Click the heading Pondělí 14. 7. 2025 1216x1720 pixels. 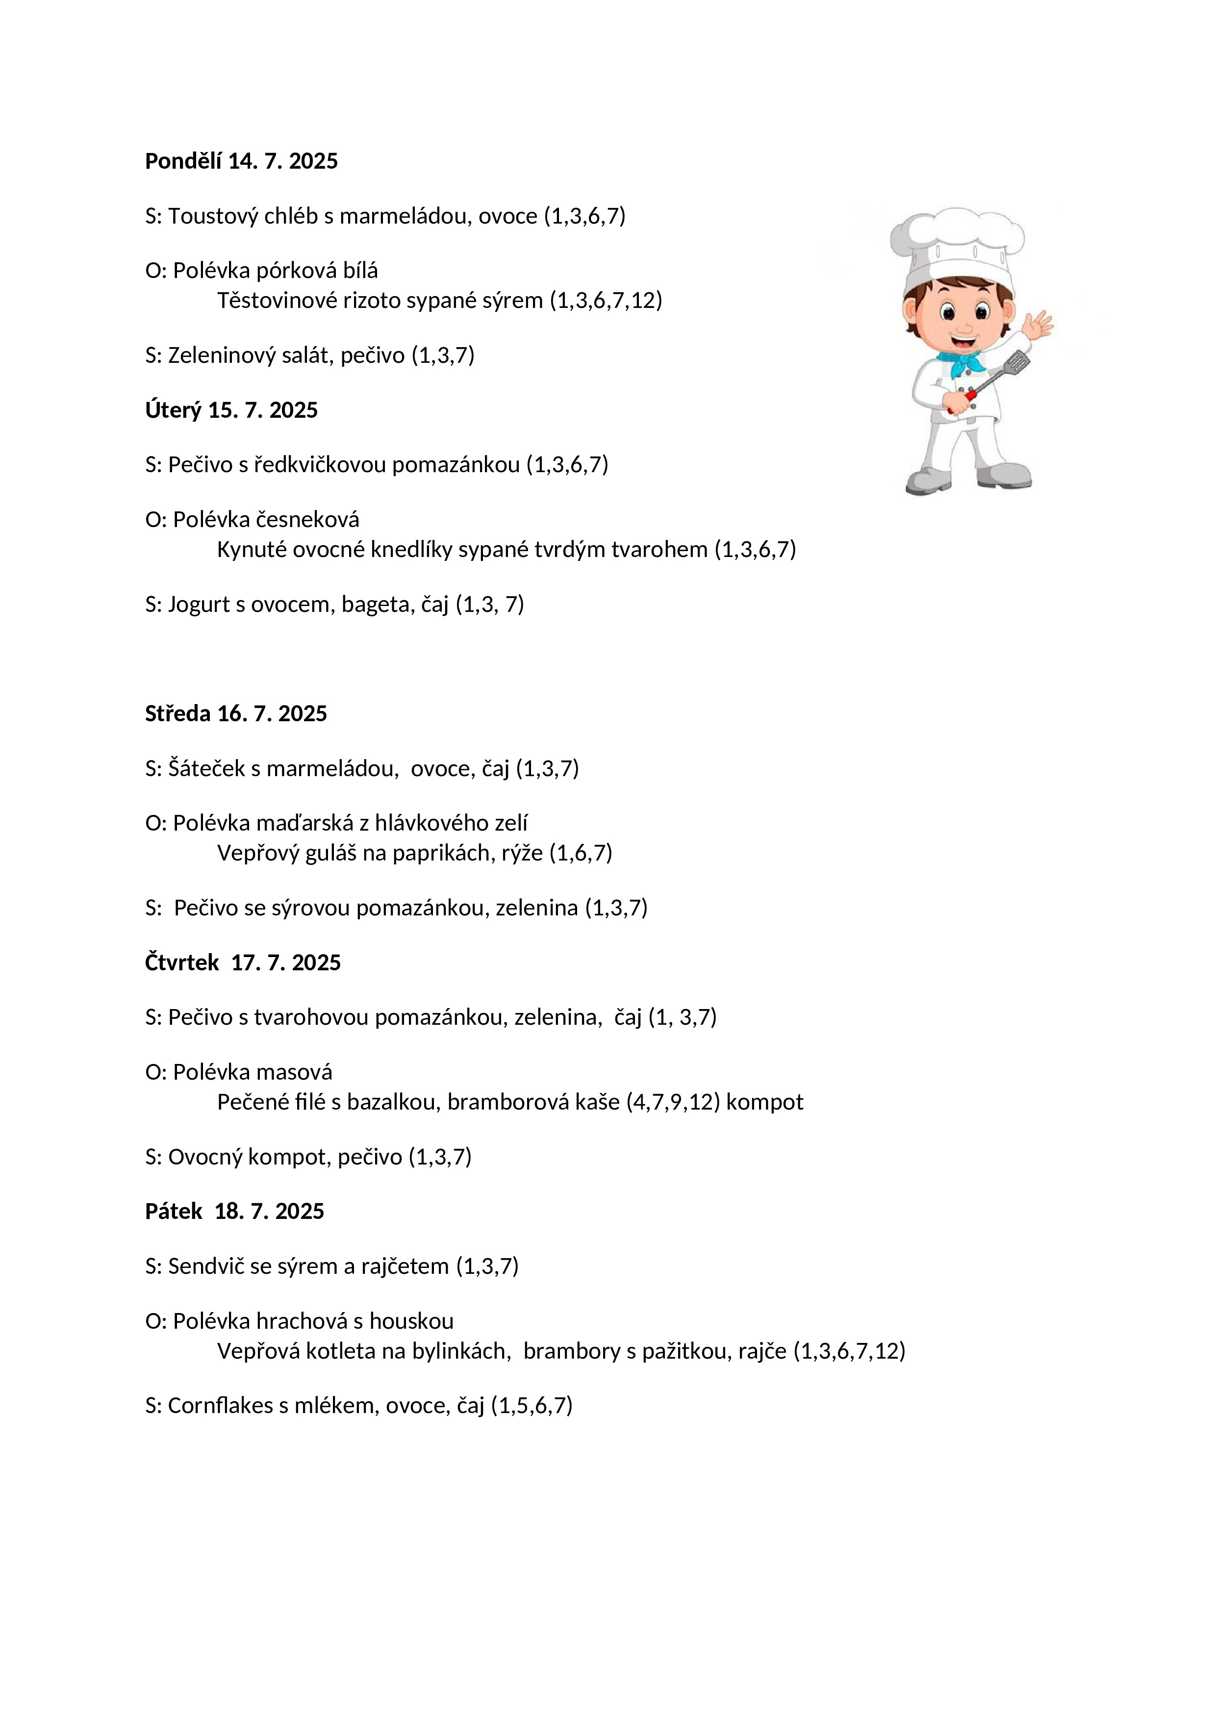(241, 161)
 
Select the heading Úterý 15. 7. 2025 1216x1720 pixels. (231, 410)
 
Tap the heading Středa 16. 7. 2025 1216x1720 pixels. (236, 713)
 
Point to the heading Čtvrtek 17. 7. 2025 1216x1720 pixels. (243, 962)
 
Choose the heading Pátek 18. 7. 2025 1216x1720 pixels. (234, 1212)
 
